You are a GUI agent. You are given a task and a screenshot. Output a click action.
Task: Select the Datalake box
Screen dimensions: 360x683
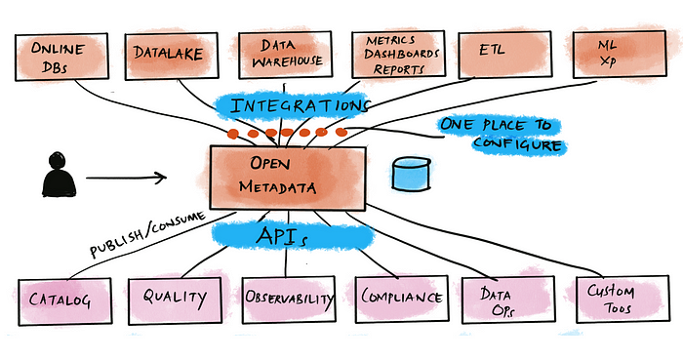click(x=168, y=56)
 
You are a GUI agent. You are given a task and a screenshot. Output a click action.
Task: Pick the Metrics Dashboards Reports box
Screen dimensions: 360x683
click(x=392, y=56)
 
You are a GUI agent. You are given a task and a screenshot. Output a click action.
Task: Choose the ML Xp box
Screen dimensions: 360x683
click(x=615, y=54)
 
